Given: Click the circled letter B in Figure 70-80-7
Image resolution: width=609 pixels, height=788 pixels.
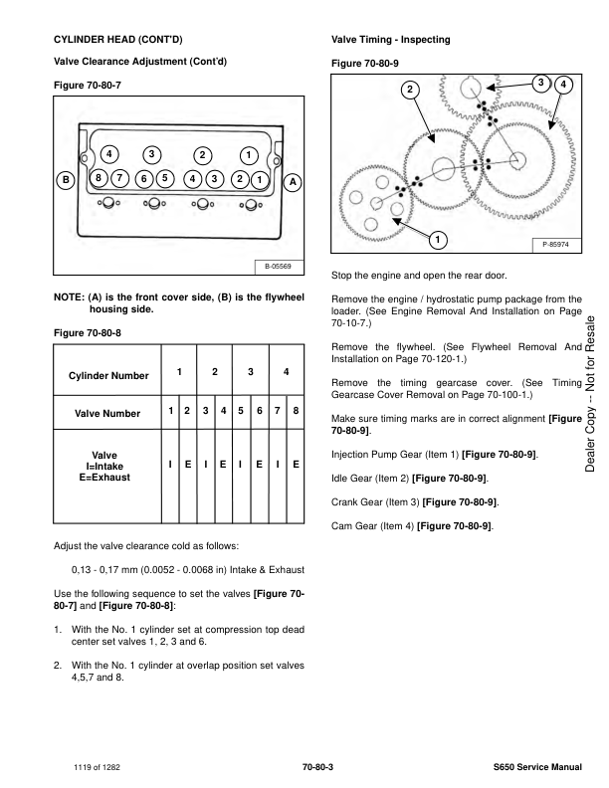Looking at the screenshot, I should [x=66, y=181].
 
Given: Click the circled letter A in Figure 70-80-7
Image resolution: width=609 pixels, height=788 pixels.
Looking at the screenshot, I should [x=294, y=182].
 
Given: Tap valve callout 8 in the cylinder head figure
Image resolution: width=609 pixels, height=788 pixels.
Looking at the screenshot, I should [x=99, y=178].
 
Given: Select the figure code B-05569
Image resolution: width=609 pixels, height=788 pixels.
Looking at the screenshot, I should [x=278, y=267].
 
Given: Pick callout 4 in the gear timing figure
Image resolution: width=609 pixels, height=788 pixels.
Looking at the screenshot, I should [x=564, y=85].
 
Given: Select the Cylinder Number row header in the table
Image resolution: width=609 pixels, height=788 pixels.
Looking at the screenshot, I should [x=108, y=375].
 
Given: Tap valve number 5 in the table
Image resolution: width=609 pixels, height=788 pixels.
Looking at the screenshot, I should [x=241, y=411].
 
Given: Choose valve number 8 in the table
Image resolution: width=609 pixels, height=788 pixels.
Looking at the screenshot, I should [x=296, y=411].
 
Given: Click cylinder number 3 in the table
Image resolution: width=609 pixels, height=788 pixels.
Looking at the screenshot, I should [x=251, y=371].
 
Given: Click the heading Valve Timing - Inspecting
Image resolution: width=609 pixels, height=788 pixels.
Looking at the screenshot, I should [x=389, y=40].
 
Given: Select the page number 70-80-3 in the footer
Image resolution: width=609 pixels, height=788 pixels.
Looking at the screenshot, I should [x=317, y=768].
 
